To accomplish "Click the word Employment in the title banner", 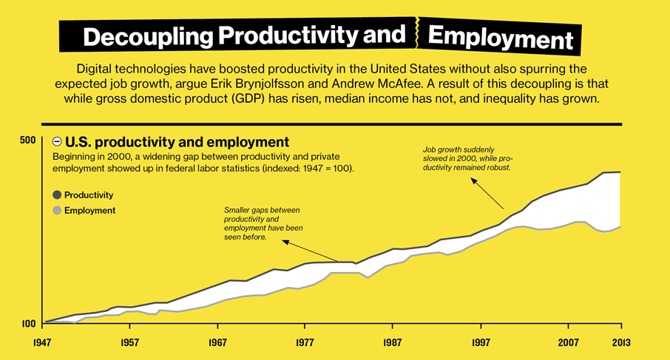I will pos(500,37).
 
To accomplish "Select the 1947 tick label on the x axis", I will pos(44,344).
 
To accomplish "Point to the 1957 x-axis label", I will pos(131,344).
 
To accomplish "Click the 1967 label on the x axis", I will pos(218,344).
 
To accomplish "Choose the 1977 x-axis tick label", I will pos(305,344).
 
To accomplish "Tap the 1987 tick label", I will pos(393,344).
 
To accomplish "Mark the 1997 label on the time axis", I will pos(481,344).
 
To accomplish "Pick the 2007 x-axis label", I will pos(568,344).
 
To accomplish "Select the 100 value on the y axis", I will pos(27,324).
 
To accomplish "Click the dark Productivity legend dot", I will pos(57,195).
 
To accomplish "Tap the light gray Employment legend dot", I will pos(57,211).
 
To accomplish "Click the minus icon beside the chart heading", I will pos(57,141).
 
